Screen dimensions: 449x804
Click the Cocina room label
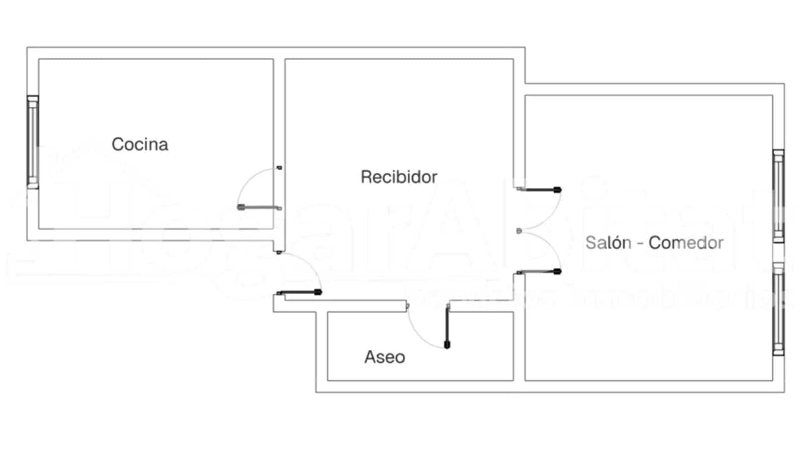[140, 145]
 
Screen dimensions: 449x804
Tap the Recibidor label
[399, 177]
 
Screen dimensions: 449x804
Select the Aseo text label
[384, 357]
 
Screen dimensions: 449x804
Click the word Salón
[608, 243]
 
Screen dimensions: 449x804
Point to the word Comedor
[686, 243]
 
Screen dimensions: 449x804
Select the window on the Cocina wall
[33, 142]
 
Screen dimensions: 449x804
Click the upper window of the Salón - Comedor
[778, 196]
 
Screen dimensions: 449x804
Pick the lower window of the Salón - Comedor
[778, 309]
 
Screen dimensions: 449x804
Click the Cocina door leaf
[259, 207]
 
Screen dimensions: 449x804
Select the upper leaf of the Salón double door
[540, 190]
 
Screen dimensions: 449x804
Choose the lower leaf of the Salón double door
[540, 272]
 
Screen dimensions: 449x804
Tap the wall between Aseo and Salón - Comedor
[519, 347]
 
